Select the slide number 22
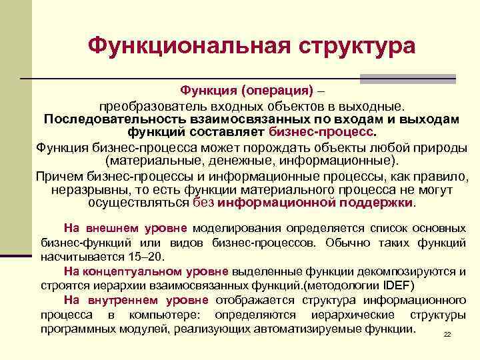pos(447,334)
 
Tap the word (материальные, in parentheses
pos(150,161)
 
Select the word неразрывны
pos(83,189)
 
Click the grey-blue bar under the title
pos(407,79)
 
